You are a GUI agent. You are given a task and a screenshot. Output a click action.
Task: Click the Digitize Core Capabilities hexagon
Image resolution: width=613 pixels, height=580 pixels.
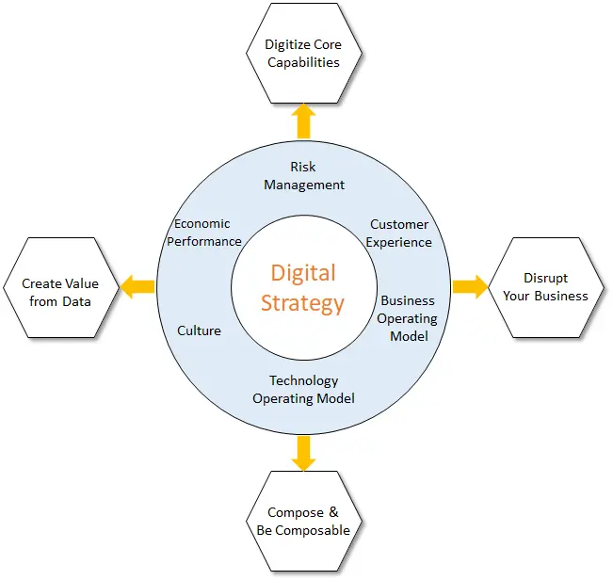[302, 54]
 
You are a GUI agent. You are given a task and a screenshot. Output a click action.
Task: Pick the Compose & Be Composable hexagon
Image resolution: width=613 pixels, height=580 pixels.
[302, 522]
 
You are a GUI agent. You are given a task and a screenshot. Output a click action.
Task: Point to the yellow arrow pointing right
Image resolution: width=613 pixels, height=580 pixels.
[469, 286]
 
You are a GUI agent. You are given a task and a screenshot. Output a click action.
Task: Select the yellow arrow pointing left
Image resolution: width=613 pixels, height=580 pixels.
[138, 286]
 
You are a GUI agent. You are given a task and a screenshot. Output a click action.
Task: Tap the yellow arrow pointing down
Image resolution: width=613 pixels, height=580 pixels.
[303, 452]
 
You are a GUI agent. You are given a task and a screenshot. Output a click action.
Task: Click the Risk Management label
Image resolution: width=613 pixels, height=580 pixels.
[304, 176]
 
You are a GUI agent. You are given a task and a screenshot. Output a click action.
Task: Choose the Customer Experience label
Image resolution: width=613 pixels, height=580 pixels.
[399, 234]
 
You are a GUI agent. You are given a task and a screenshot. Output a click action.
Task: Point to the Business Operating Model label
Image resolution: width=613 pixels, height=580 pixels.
[408, 318]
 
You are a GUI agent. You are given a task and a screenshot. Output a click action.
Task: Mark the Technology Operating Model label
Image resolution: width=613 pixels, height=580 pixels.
[303, 390]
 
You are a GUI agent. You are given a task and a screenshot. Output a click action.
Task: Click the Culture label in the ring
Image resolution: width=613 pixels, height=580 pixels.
[200, 330]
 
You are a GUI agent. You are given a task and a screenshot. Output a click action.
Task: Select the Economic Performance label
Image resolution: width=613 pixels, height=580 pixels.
[203, 233]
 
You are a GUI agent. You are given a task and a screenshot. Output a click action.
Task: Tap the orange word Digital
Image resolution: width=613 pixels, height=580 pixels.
[303, 273]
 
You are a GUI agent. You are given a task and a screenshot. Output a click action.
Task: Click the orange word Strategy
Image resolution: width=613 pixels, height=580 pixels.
[303, 303]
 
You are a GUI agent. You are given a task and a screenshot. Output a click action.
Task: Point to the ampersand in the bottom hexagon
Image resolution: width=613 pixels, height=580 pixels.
[332, 513]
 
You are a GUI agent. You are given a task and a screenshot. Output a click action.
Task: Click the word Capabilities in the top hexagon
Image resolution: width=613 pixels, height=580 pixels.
[303, 62]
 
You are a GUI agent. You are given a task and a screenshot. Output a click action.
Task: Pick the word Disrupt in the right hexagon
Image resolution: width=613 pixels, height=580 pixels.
[546, 279]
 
